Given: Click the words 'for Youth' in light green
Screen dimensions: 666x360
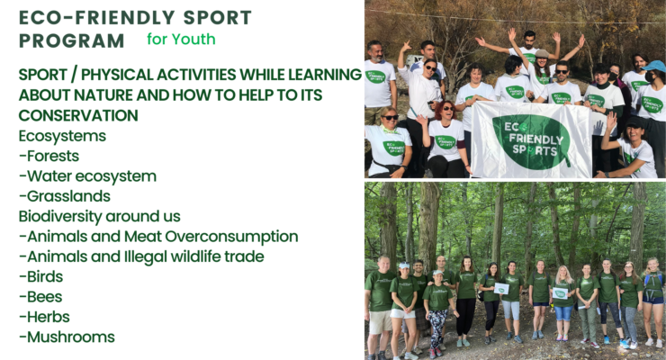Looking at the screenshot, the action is point(181,39).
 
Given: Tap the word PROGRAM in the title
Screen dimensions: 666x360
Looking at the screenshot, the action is point(71,40).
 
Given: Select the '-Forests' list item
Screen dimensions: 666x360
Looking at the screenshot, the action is point(49,156).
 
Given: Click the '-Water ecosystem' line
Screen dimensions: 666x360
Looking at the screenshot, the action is point(87,176).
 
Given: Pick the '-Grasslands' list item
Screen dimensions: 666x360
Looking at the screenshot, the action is point(65,196).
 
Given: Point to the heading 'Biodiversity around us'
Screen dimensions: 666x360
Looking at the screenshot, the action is point(99,216).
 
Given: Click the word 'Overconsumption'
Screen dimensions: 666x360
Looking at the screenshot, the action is point(231,237).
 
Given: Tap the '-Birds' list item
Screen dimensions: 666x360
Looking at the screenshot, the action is point(40,276).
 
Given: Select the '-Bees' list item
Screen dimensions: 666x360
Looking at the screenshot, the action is point(40,297).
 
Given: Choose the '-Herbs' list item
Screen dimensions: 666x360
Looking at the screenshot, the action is point(44,317).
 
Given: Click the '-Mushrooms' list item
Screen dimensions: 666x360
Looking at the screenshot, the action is point(67,337).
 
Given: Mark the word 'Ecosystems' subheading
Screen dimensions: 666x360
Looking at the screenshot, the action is point(62,136).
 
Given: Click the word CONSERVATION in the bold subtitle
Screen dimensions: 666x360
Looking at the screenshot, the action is point(78,115).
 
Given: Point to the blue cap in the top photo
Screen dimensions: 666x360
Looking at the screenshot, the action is point(654,66).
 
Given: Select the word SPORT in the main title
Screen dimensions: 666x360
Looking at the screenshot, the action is point(218,17).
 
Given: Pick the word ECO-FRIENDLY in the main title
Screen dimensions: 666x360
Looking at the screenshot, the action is point(97,17).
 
